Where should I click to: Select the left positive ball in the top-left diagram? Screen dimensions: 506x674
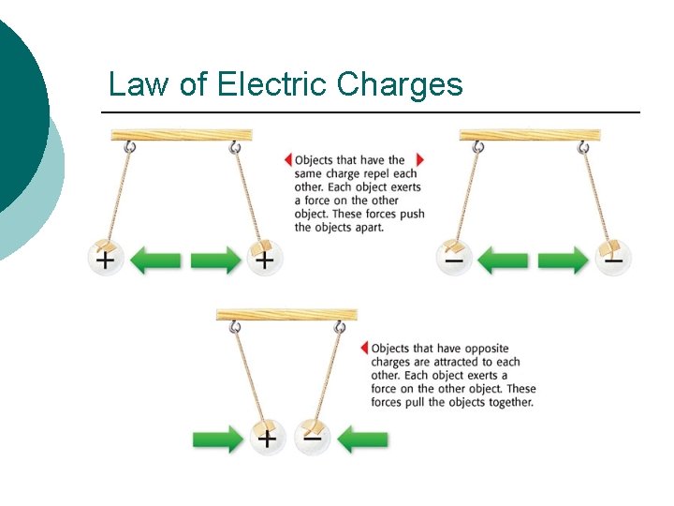[x=107, y=258]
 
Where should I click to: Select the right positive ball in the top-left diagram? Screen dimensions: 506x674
[x=264, y=258]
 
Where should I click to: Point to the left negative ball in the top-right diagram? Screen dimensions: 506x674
[x=454, y=258]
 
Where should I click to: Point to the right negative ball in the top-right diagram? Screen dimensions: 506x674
[x=613, y=258]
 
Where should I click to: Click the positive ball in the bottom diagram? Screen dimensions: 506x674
[x=269, y=437]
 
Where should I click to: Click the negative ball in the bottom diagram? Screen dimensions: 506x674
[x=313, y=437]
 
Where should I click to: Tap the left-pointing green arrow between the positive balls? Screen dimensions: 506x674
[x=155, y=259]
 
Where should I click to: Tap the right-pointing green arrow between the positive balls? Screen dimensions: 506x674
[x=215, y=259]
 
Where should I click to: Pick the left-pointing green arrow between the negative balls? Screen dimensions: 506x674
[x=503, y=259]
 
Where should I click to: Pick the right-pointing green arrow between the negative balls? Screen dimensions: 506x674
[x=563, y=259]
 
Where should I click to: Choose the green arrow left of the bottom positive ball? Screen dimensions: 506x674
[x=218, y=439]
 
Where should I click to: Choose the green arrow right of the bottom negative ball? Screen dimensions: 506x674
[x=362, y=439]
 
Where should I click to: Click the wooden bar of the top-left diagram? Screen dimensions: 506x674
[x=182, y=136]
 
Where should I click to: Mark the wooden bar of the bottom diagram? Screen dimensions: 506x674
[x=286, y=315]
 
